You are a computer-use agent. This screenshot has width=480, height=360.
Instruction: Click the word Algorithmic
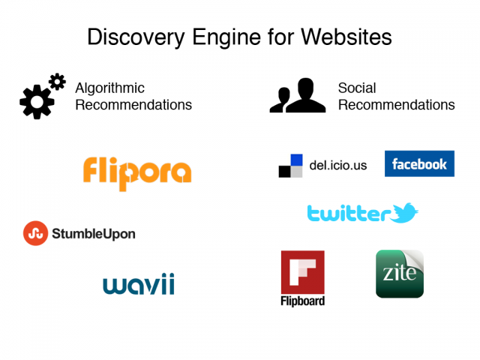[109, 88]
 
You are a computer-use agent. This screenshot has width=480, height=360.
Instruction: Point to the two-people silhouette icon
[297, 96]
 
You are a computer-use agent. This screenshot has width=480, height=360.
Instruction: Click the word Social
[357, 88]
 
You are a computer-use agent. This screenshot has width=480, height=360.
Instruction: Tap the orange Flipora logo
[136, 172]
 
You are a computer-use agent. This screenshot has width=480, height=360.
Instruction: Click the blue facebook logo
[419, 163]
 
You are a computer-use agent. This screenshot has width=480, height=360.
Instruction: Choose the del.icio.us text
[338, 166]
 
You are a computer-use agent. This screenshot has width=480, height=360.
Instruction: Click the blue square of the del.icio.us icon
[296, 160]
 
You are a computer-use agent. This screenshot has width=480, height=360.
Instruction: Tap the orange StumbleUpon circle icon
[35, 233]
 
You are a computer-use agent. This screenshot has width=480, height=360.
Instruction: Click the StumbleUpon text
[94, 234]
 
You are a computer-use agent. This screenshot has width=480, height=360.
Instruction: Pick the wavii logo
[138, 284]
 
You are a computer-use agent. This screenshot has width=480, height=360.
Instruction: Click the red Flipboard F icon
[302, 272]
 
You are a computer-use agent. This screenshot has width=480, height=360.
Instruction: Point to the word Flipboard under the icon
[302, 301]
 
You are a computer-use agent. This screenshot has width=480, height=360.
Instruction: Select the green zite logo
[400, 274]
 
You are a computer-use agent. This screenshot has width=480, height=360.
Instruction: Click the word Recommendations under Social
[396, 105]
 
